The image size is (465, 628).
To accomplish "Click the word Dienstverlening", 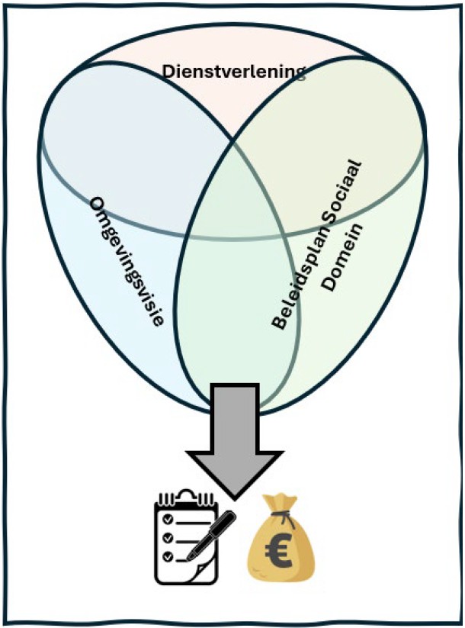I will coord(234,72).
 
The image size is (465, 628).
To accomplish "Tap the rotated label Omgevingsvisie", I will coord(127,262).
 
